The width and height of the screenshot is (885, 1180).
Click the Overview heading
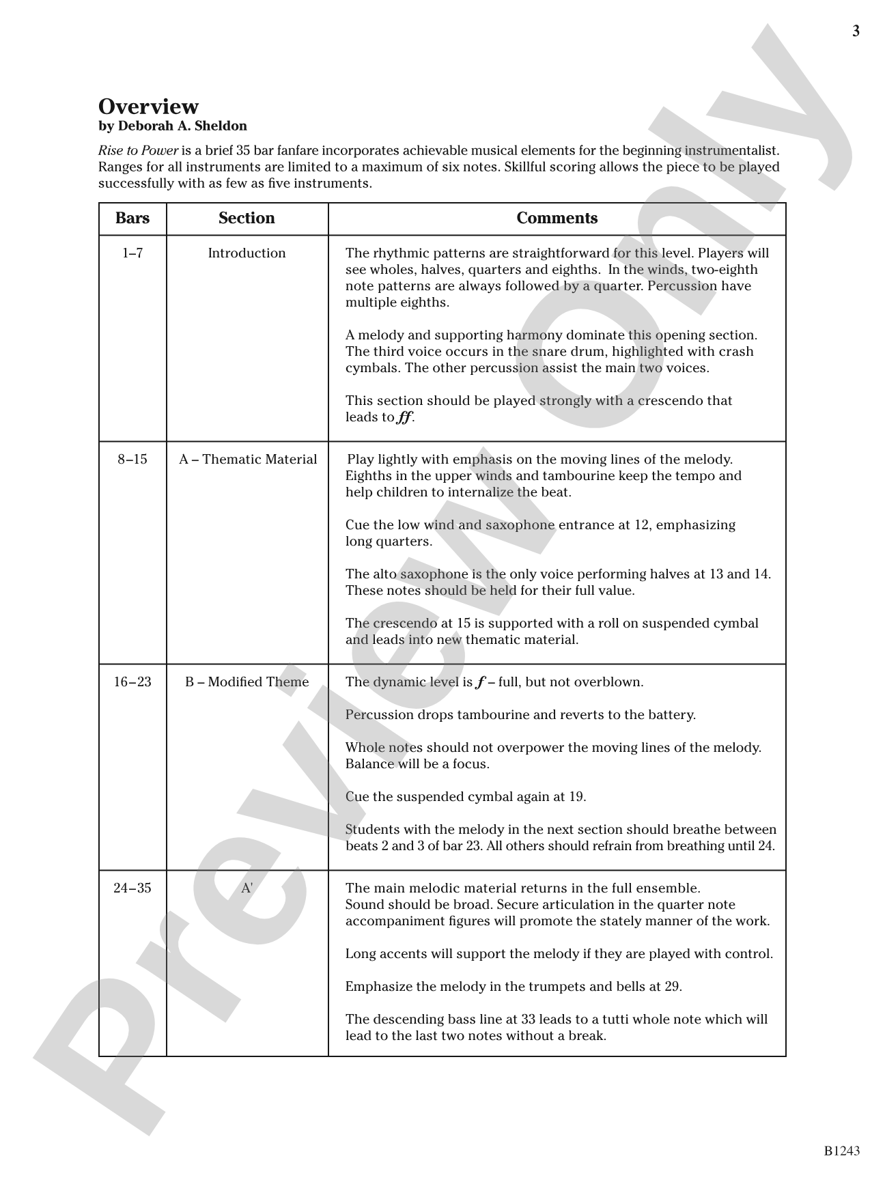[x=148, y=107]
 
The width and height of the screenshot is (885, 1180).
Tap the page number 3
[x=856, y=31]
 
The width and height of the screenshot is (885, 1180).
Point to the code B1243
[x=841, y=1151]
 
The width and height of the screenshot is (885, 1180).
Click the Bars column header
[x=132, y=219]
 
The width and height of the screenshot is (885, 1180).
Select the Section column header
[x=247, y=219]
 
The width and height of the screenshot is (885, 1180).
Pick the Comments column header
[x=557, y=219]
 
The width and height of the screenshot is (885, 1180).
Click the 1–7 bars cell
[x=132, y=253]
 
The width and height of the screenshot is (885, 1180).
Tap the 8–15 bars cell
[x=132, y=460]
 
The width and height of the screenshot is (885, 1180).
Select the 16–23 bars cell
[x=132, y=682]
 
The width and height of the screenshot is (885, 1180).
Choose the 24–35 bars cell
[x=132, y=888]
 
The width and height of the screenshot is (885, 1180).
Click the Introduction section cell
[x=247, y=253]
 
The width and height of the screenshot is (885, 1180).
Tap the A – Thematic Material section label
[x=248, y=460]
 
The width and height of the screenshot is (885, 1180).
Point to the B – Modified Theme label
[x=247, y=682]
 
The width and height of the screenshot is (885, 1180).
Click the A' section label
[x=247, y=888]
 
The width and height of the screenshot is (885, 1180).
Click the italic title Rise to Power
[x=139, y=151]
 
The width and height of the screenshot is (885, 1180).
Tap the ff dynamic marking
[x=405, y=417]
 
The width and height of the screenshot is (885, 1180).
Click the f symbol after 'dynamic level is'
[x=480, y=682]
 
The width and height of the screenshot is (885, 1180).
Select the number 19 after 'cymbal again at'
[x=576, y=797]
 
